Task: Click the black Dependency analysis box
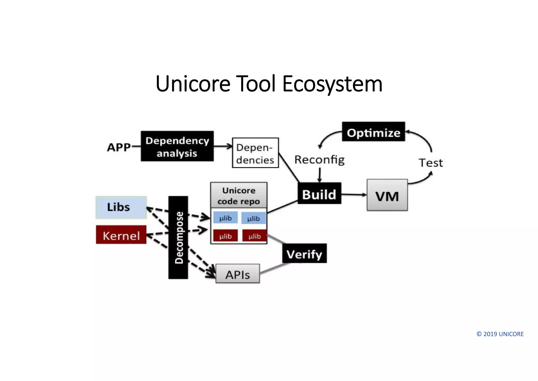[x=177, y=146]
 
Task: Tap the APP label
[x=119, y=147]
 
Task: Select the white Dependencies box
[x=255, y=153]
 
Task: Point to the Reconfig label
[x=319, y=160]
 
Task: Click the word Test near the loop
[x=431, y=163]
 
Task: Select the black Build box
[x=319, y=193]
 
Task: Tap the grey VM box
[x=387, y=195]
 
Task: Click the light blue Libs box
[x=121, y=207]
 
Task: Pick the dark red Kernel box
[x=121, y=235]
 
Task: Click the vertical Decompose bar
[x=178, y=237]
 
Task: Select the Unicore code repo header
[x=239, y=195]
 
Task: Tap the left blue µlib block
[x=225, y=218]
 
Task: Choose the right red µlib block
[x=254, y=236]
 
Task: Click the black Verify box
[x=304, y=253]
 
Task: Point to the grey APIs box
[x=237, y=274]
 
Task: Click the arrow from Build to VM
[x=354, y=195]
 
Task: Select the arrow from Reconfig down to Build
[x=320, y=175]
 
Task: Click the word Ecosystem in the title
[x=332, y=84]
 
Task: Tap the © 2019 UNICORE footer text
[x=500, y=334]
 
